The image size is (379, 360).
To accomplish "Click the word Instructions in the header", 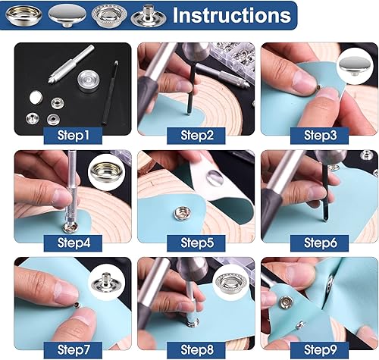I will (x=231, y=14).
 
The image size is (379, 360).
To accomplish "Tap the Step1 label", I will (x=76, y=136).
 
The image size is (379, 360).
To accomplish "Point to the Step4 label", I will (x=76, y=243).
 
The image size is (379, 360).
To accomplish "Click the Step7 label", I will (x=76, y=349).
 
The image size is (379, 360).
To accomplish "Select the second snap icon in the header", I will (x=65, y=14).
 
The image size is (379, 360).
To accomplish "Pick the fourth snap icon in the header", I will (x=141, y=14).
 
